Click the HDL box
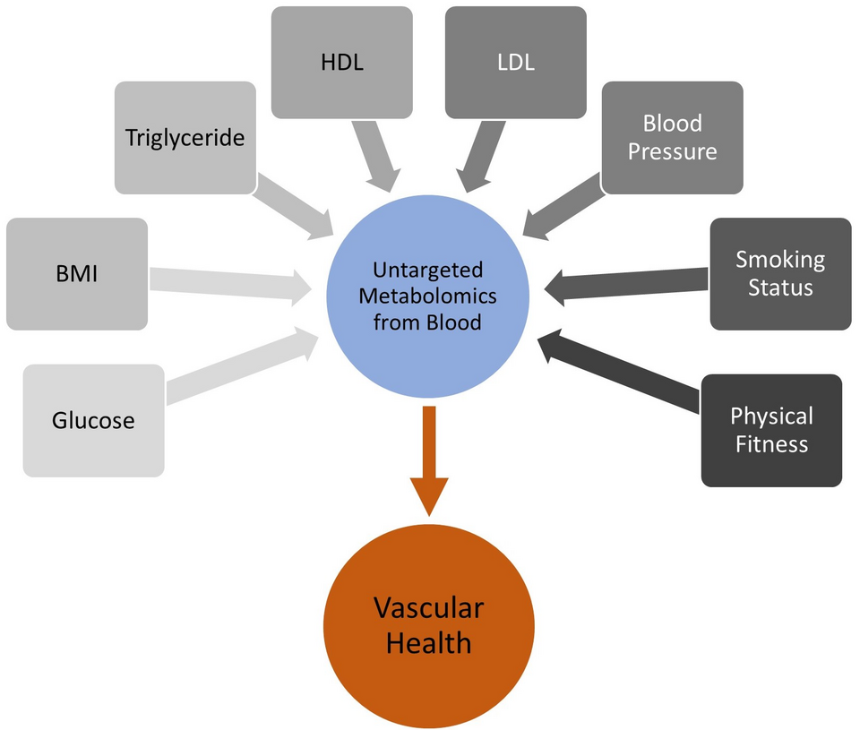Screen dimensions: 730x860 (x=341, y=63)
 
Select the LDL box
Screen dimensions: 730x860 (x=515, y=63)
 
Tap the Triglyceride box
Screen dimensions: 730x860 (x=185, y=137)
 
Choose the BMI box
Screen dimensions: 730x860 (x=76, y=273)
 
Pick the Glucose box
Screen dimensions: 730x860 (x=93, y=420)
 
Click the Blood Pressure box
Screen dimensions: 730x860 (x=672, y=137)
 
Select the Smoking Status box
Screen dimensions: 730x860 (x=779, y=273)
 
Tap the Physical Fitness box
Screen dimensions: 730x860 (x=771, y=430)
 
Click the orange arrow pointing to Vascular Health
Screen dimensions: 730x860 (x=429, y=457)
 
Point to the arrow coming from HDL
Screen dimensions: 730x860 (x=374, y=152)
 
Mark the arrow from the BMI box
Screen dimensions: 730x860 (x=228, y=282)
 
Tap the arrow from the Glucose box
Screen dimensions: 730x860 (x=242, y=366)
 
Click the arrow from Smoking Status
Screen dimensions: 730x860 (x=627, y=282)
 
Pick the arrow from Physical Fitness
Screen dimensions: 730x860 (x=618, y=367)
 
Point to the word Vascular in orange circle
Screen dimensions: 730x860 (x=428, y=609)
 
